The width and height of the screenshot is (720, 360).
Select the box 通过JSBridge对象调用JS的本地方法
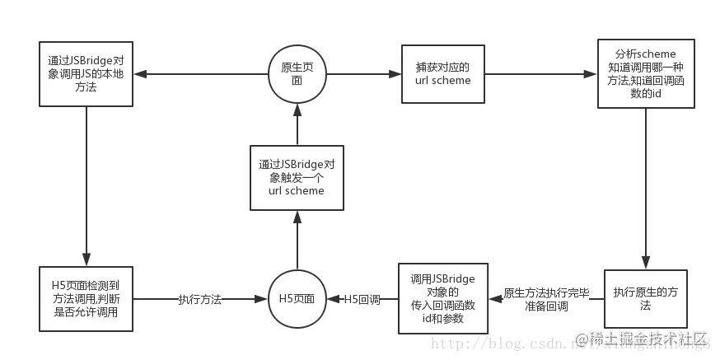point(86,73)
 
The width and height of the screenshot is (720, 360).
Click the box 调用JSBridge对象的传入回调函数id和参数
point(442,299)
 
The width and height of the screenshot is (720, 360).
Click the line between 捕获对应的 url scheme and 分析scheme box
point(540,73)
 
